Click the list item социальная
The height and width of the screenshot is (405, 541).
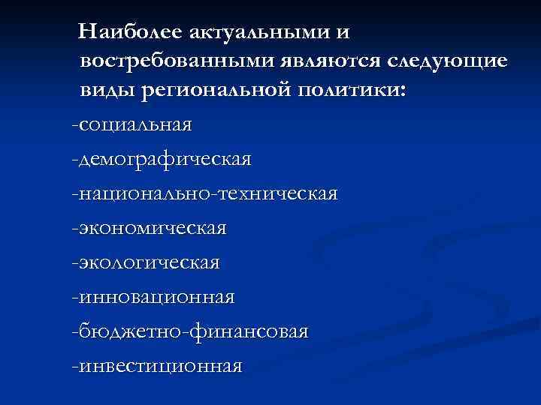pyautogui.click(x=135, y=124)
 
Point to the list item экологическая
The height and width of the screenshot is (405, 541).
pyautogui.click(x=150, y=262)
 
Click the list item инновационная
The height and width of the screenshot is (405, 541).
pyautogui.click(x=156, y=297)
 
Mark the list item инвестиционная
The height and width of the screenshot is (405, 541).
pyautogui.click(x=161, y=366)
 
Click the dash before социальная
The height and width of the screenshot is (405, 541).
pyautogui.click(x=74, y=124)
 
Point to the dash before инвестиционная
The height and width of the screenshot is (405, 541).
pyautogui.click(x=74, y=366)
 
